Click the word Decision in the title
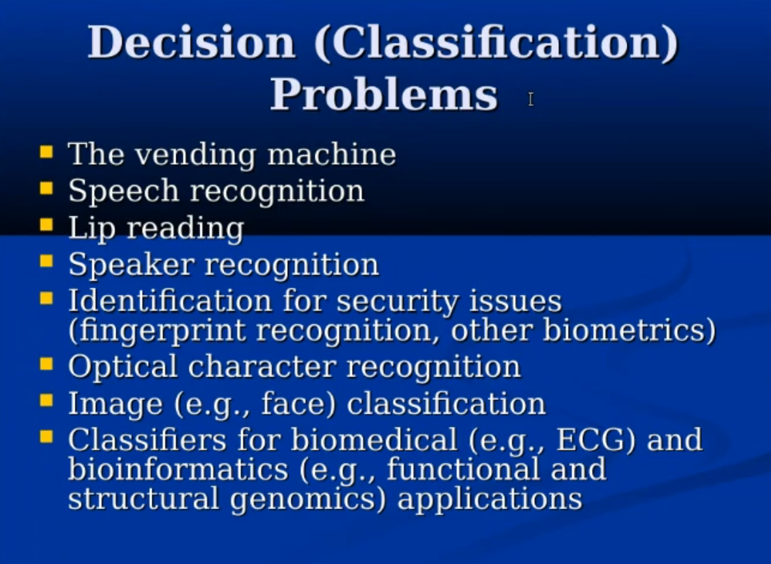(192, 42)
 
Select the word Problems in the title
(384, 95)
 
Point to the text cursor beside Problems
(530, 99)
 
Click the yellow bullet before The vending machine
(46, 151)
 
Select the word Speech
(123, 191)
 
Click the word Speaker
(131, 265)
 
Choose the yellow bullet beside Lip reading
(46, 225)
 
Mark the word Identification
(170, 301)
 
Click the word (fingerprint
(157, 331)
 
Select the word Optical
(122, 367)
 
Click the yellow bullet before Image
(46, 401)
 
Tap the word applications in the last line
(489, 499)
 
